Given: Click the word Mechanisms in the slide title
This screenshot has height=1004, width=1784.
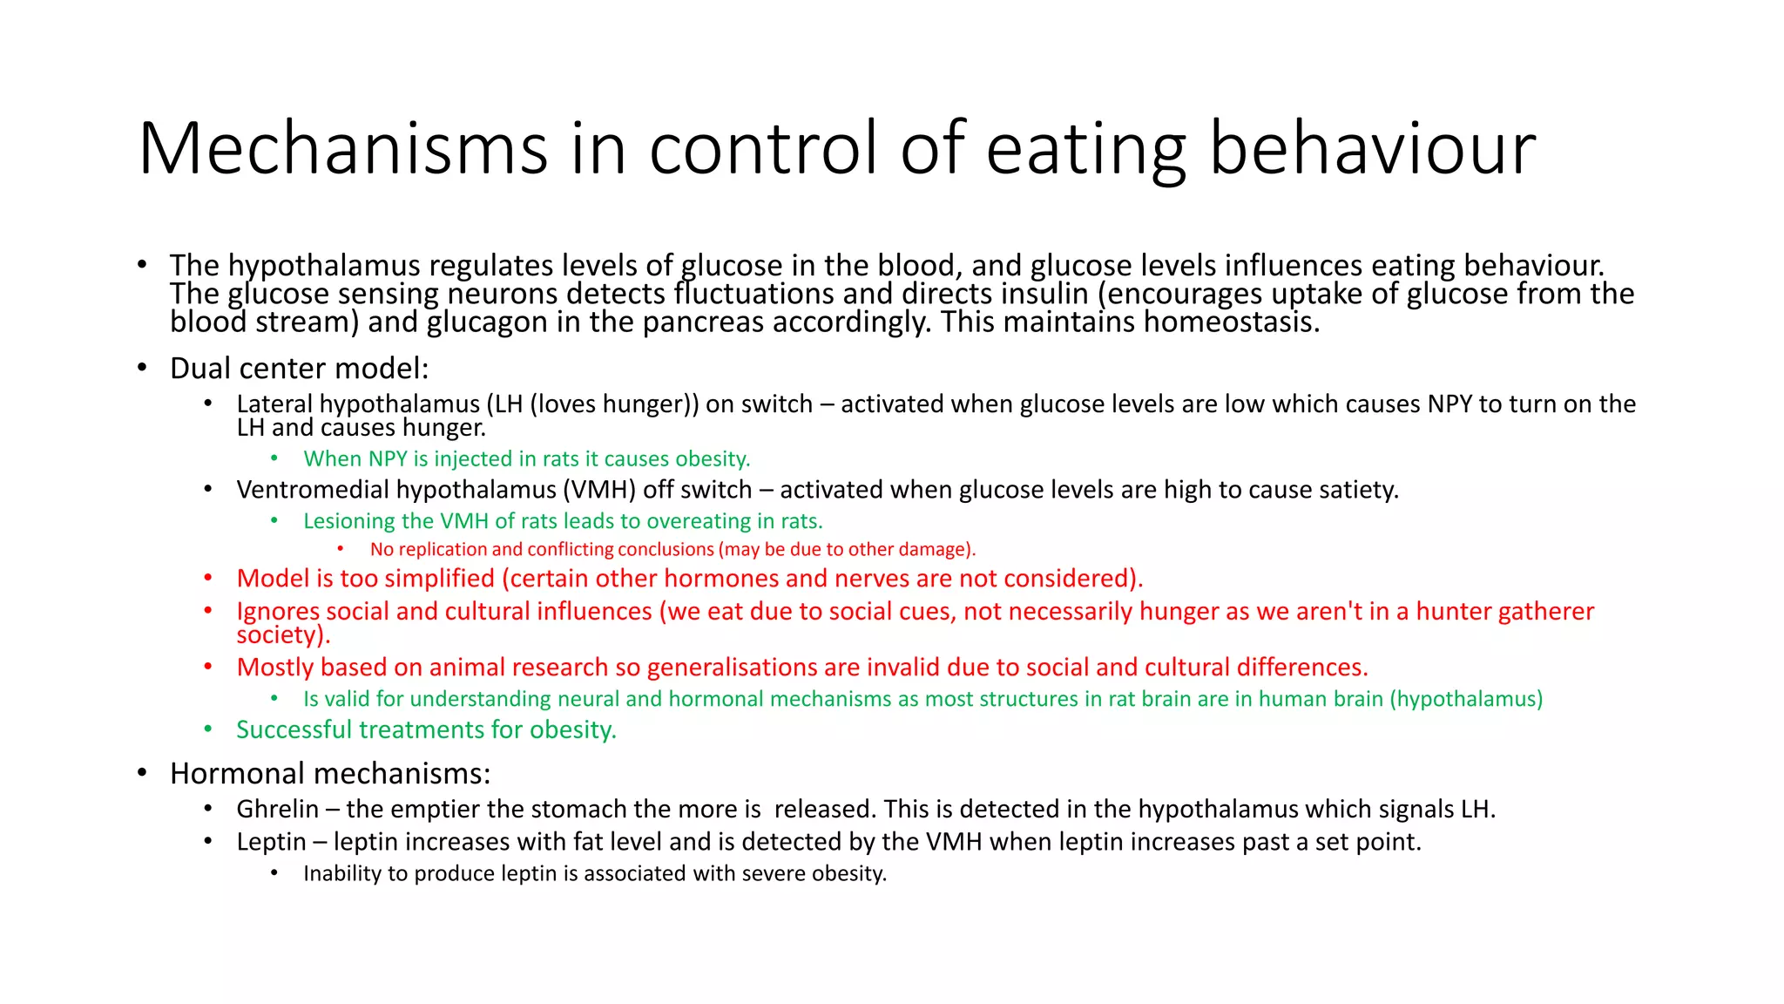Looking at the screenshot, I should coord(342,148).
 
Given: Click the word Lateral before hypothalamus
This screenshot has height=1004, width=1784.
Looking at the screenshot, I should coord(274,404).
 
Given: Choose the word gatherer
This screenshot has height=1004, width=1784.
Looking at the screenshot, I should coord(1544,612).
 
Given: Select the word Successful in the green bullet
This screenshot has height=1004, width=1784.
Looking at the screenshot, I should coord(294,729).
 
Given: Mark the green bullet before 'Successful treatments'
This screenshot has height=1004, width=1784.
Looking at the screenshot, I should coord(208,729).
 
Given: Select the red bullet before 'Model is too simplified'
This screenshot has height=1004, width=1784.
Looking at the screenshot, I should coord(208,579).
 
